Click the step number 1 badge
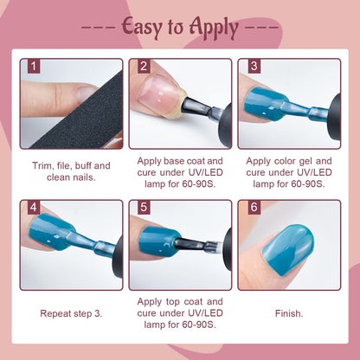tap(34, 66)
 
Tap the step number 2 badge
tap(144, 66)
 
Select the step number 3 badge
tap(254, 66)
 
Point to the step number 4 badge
tap(34, 208)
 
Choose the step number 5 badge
tap(144, 208)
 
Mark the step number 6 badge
tap(254, 208)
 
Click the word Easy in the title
tap(142, 28)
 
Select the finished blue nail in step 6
tap(288, 249)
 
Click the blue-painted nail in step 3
tap(263, 104)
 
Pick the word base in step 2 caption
tap(174, 161)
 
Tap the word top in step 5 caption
tap(174, 302)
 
